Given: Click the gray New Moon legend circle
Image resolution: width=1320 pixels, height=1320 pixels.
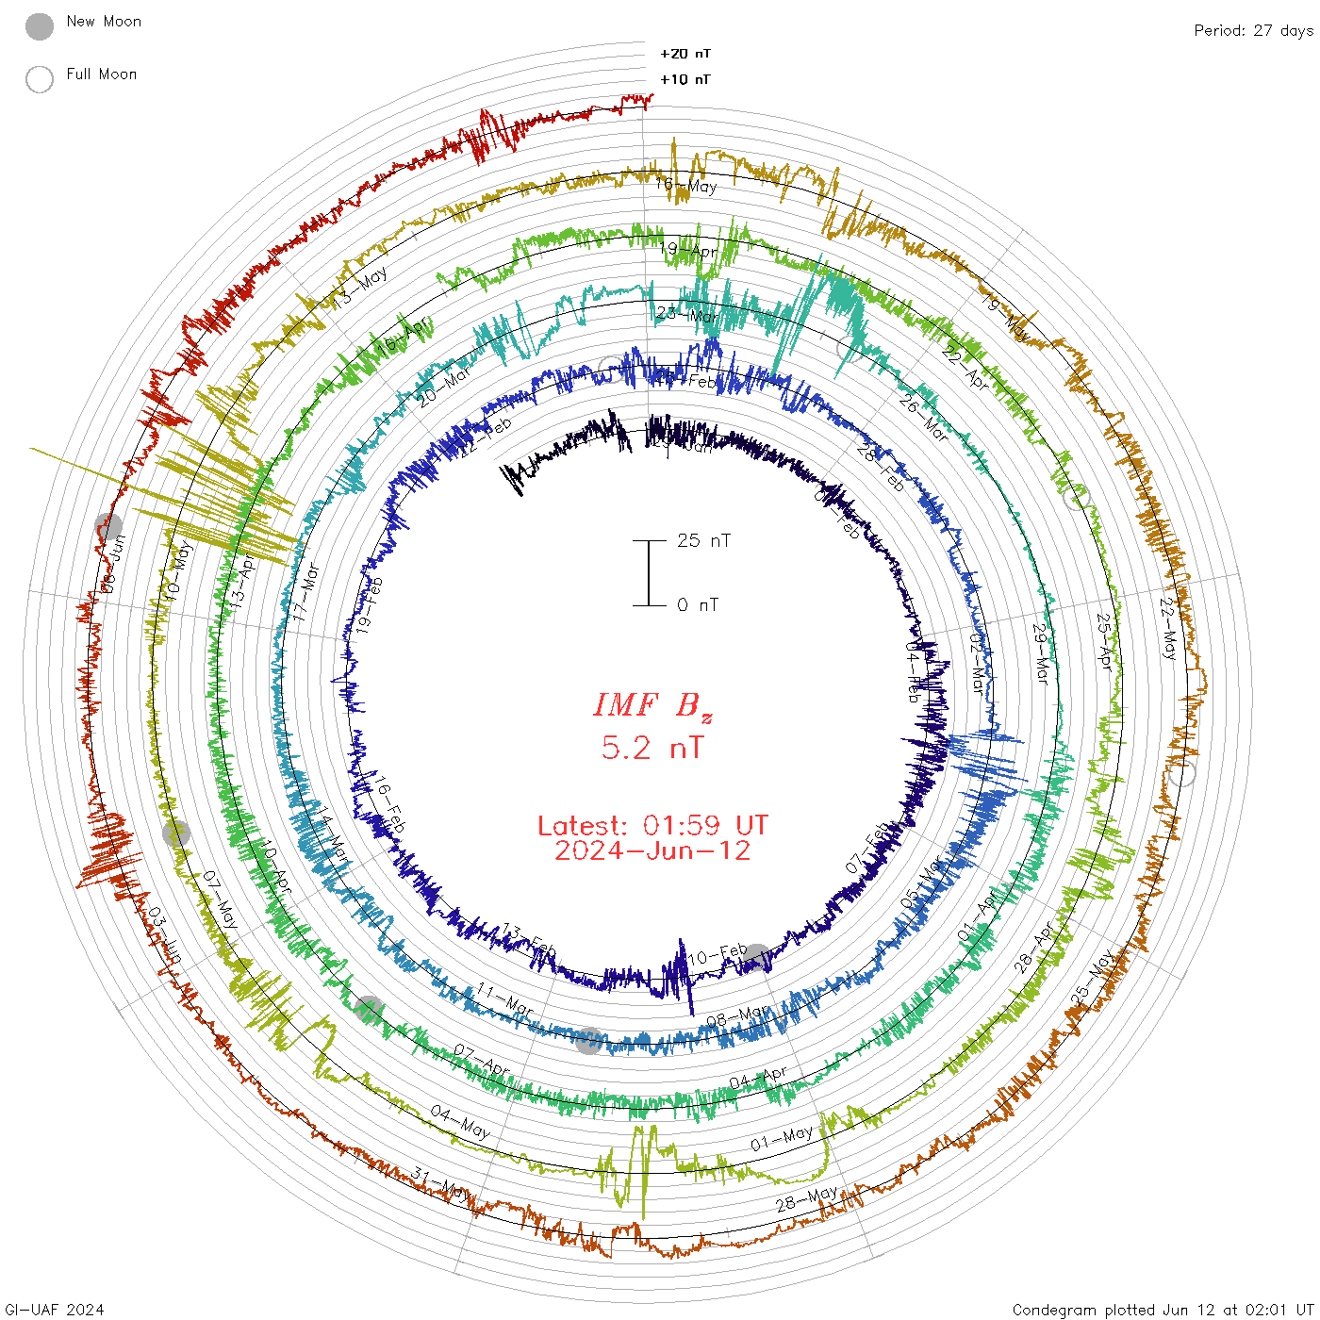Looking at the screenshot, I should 40,26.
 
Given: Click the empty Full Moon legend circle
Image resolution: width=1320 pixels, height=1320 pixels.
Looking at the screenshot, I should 40,79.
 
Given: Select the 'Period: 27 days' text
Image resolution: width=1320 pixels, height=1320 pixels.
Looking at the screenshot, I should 1253,30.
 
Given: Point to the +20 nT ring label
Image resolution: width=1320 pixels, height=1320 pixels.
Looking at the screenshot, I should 685,54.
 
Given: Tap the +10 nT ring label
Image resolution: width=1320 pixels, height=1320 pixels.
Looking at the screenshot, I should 685,79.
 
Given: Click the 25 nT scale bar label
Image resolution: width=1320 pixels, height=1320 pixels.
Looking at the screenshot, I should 703,540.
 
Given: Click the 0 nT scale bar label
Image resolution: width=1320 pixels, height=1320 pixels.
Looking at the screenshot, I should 698,604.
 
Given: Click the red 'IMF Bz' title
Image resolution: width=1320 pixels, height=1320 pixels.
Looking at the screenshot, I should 652,705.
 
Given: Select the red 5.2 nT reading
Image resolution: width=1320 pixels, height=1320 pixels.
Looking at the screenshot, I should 652,748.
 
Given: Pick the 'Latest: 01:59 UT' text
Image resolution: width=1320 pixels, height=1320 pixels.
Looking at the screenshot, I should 652,826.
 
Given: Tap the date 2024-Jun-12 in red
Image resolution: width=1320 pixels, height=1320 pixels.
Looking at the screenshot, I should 652,850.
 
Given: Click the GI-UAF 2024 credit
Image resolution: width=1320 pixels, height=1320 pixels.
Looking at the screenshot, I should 54,1310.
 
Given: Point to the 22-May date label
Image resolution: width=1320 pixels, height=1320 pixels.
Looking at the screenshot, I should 1169,628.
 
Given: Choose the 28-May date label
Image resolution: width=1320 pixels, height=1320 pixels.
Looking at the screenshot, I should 806,1198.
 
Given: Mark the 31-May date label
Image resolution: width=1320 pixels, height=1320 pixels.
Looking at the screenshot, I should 439,1182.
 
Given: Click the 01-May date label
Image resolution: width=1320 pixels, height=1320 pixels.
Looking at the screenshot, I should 782,1138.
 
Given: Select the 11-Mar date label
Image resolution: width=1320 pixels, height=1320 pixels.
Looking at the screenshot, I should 504,998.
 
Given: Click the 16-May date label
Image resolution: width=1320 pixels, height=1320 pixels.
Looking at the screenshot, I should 686,185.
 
